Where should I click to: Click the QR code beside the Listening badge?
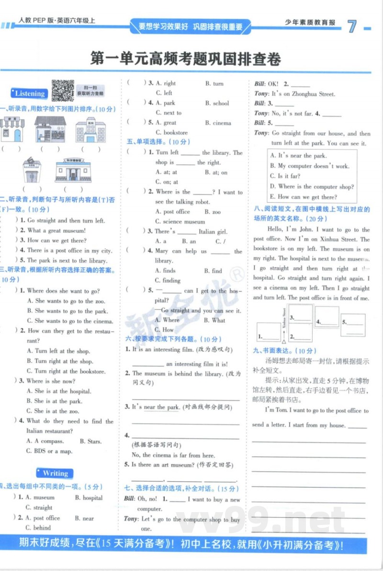pos(62,91)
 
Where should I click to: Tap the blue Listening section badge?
pos(29,93)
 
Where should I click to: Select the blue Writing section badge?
pos(55,473)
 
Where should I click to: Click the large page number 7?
pos(352,26)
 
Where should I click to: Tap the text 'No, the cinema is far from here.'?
pos(173,455)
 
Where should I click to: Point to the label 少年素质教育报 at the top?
pos(310,23)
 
